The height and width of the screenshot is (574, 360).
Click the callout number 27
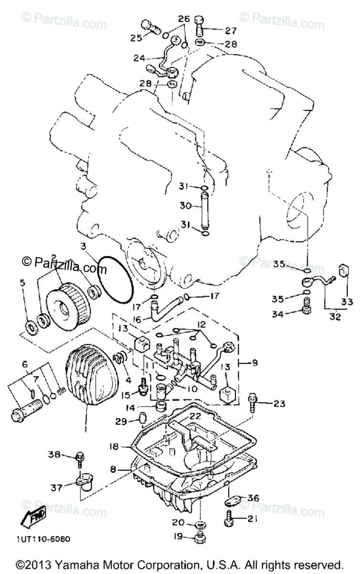(x=230, y=31)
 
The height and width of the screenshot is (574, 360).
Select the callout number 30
(x=185, y=206)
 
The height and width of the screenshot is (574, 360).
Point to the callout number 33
(x=347, y=301)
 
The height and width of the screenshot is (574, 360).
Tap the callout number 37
(x=57, y=487)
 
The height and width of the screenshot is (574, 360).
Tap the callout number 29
(x=121, y=420)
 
